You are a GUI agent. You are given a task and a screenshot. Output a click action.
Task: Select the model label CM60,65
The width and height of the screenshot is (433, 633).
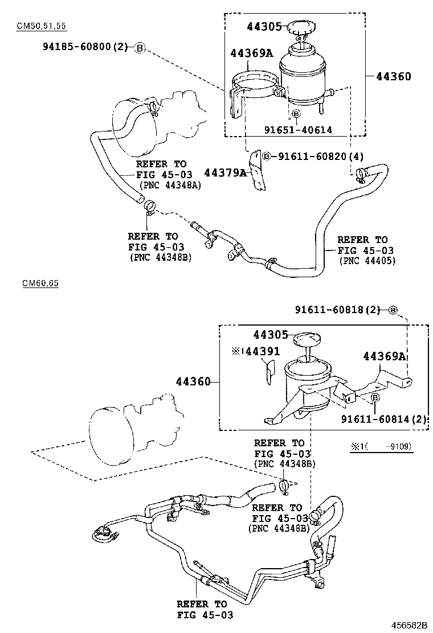40,283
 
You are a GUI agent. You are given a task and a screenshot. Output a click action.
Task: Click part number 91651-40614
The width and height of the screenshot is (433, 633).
297,130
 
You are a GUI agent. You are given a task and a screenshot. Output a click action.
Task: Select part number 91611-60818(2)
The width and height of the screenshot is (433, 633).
337,310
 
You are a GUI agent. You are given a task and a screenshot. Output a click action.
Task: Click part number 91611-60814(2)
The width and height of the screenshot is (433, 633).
384,419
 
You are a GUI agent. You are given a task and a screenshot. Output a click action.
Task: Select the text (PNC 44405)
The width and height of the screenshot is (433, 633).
367,261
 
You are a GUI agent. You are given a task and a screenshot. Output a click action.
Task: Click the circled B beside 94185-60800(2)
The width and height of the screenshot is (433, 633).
140,47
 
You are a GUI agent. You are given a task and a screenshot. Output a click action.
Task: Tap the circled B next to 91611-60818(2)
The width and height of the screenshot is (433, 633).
393,310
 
